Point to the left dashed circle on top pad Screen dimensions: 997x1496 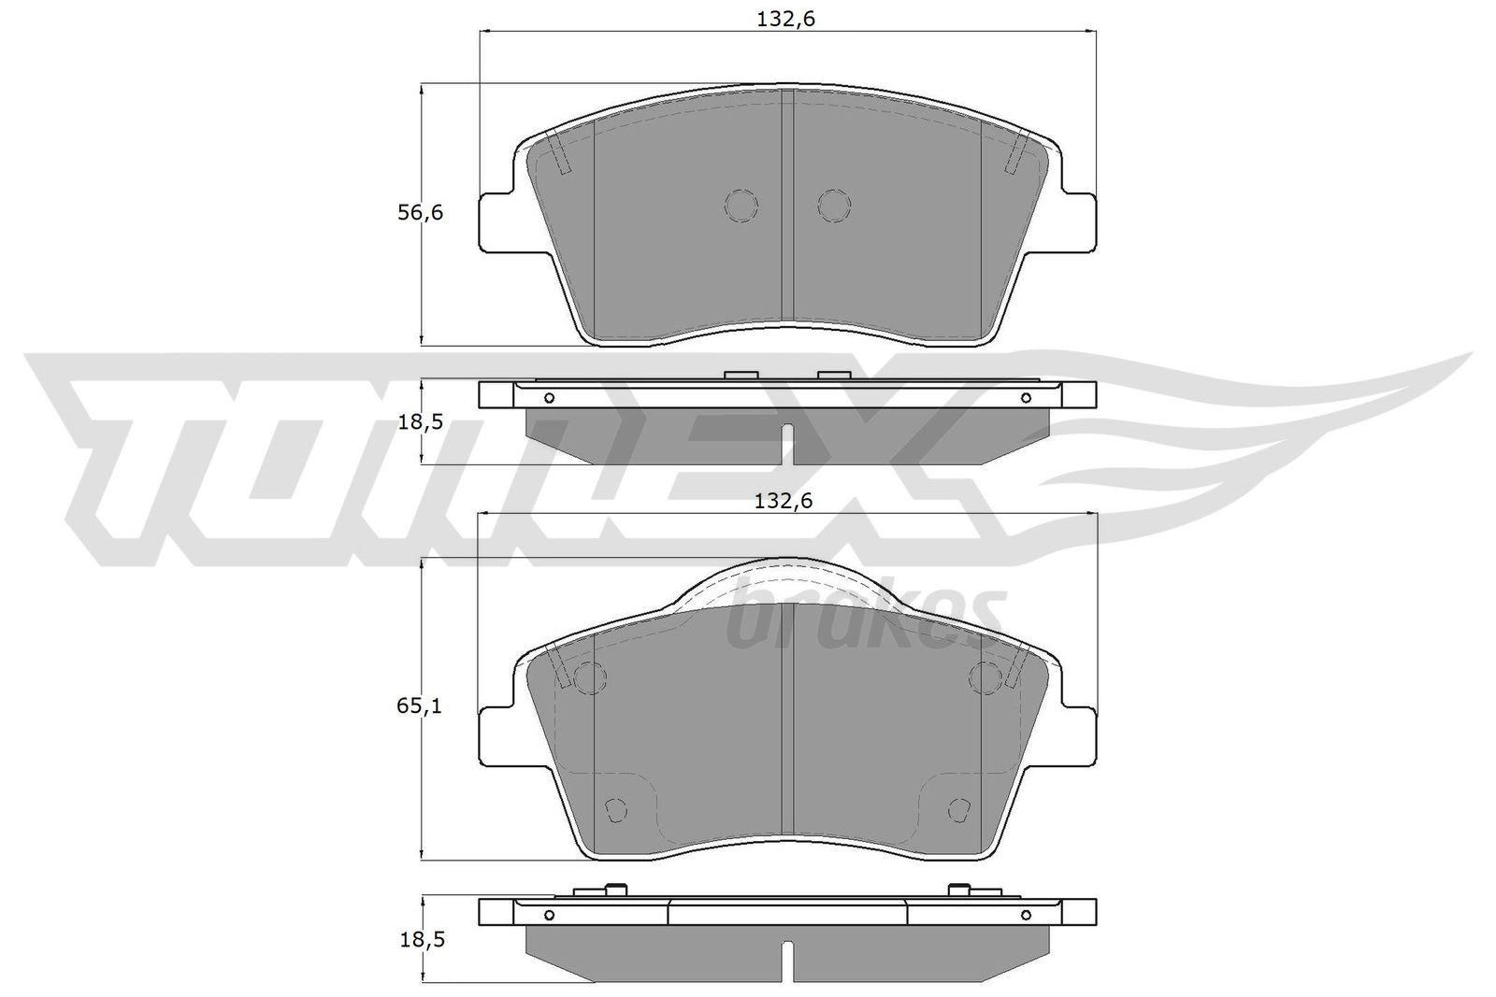coord(741,206)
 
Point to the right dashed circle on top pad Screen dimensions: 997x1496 coord(833,206)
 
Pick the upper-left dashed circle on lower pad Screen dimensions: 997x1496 coord(589,677)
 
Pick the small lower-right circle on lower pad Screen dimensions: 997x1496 coord(957,810)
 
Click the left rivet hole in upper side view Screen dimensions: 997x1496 coord(549,398)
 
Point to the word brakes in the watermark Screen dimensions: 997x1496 coord(865,617)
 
